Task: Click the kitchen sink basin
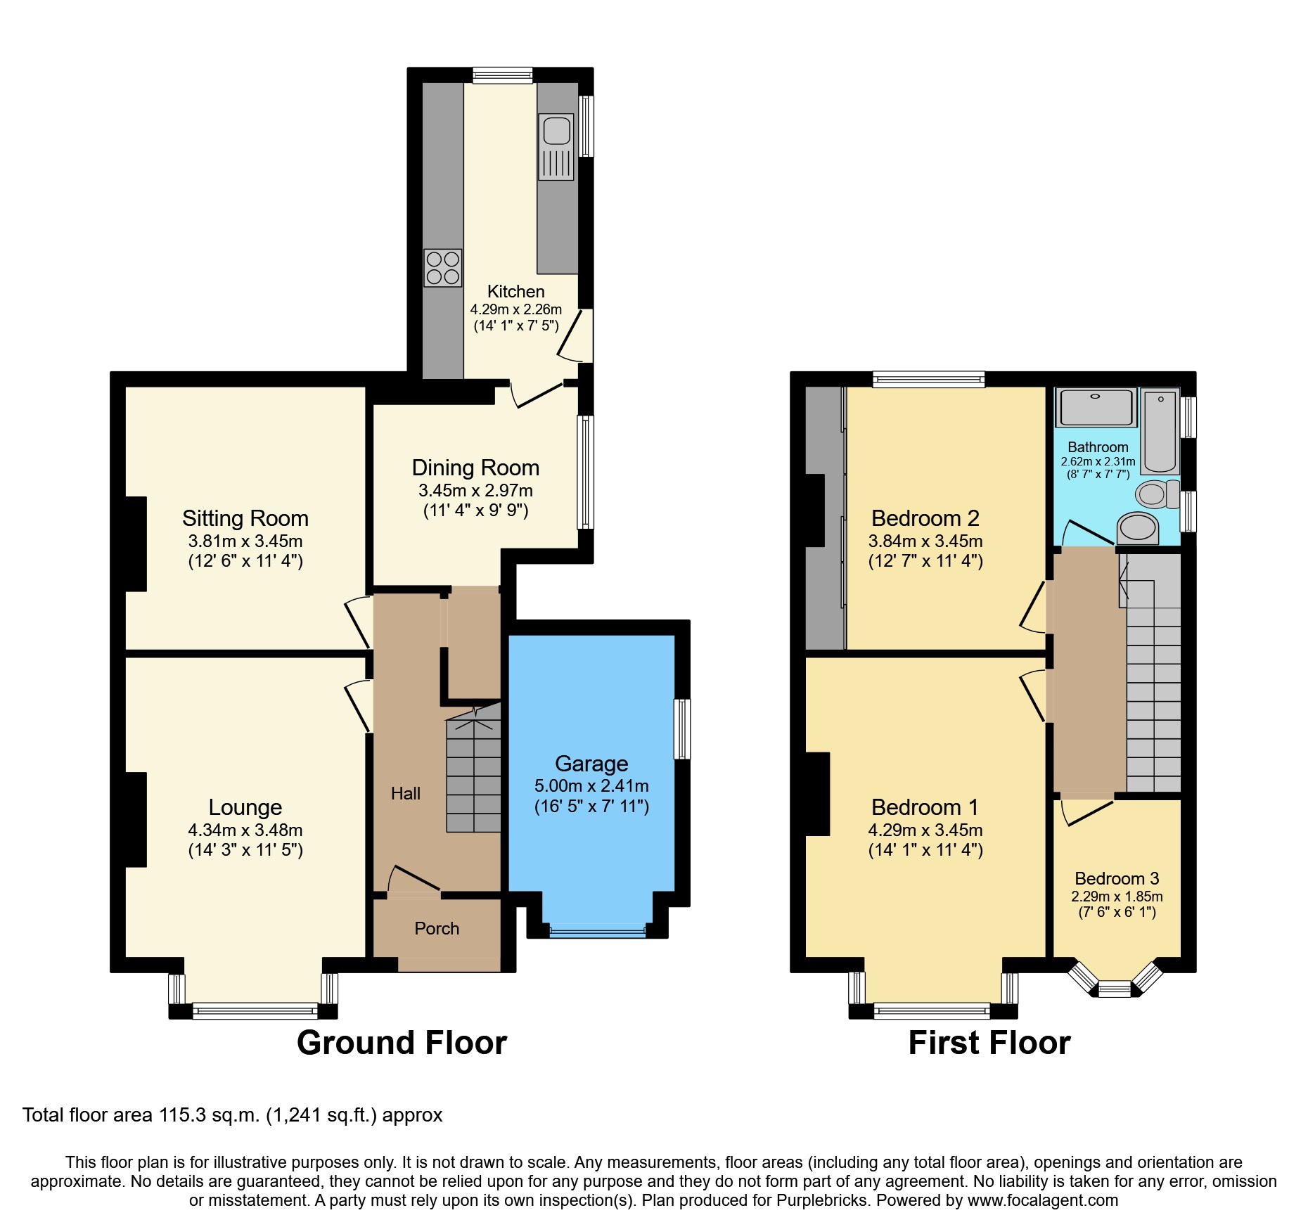click(x=556, y=130)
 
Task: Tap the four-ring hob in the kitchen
click(x=443, y=268)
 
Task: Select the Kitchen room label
click(x=515, y=291)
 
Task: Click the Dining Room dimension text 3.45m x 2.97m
click(x=475, y=490)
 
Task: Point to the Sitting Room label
click(x=245, y=518)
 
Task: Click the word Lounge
click(x=245, y=807)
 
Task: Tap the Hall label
click(x=406, y=794)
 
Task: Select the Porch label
click(x=437, y=929)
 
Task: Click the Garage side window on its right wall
click(x=681, y=729)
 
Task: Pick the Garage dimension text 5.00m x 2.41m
click(x=591, y=786)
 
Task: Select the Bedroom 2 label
click(x=925, y=518)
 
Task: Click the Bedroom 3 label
click(x=1117, y=878)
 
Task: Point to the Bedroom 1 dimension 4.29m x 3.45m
click(x=925, y=830)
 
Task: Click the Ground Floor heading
click(x=402, y=1042)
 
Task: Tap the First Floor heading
click(x=989, y=1042)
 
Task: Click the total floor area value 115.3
click(x=179, y=1115)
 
